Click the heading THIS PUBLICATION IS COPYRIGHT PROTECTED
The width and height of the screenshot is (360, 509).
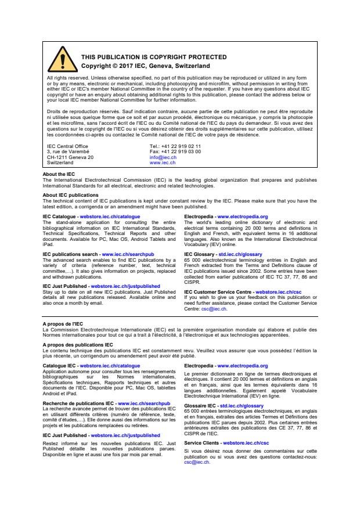[145, 57]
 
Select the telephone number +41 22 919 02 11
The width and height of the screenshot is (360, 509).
[181, 146]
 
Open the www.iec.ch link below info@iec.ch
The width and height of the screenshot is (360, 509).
[163, 163]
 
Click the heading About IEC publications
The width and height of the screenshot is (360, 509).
[70, 196]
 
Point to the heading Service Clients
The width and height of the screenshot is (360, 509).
[202, 443]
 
